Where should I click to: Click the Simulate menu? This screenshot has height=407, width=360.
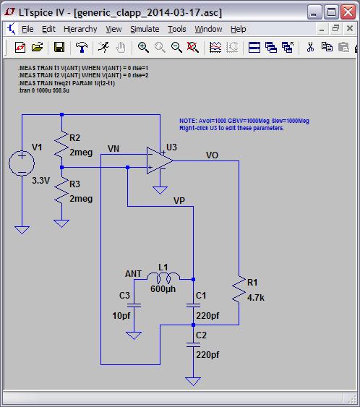pyautogui.click(x=145, y=29)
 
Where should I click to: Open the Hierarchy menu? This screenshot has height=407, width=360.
pyautogui.click(x=80, y=29)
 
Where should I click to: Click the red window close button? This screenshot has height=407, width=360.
pyautogui.click(x=348, y=12)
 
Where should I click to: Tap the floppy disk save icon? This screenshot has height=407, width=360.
pyautogui.click(x=59, y=47)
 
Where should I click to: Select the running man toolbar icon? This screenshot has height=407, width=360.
pyautogui.click(x=103, y=47)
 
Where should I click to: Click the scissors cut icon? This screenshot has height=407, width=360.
pyautogui.click(x=310, y=47)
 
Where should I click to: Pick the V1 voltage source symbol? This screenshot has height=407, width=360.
pyautogui.click(x=22, y=163)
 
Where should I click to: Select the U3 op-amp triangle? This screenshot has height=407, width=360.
pyautogui.click(x=159, y=160)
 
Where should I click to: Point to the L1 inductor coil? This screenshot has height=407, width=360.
pyautogui.click(x=163, y=278)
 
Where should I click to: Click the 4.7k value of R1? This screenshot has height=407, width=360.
pyautogui.click(x=256, y=298)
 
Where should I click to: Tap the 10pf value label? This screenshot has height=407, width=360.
pyautogui.click(x=121, y=316)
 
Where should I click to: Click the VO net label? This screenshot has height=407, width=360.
pyautogui.click(x=212, y=155)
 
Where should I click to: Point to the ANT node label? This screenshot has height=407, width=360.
pyautogui.click(x=134, y=274)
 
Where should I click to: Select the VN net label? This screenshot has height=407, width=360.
pyautogui.click(x=113, y=149)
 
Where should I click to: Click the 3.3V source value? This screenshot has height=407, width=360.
pyautogui.click(x=40, y=181)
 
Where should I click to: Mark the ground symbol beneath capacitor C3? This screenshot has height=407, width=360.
pyautogui.click(x=134, y=335)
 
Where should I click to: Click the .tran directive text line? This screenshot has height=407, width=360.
pyautogui.click(x=43, y=90)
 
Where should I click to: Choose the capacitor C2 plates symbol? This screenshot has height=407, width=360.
pyautogui.click(x=193, y=345)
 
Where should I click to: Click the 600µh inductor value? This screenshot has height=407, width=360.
pyautogui.click(x=163, y=289)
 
